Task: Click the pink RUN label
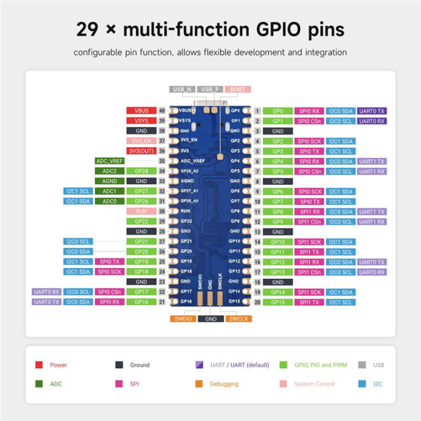coord(141,211)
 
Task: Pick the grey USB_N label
coord(182,89)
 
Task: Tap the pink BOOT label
coord(237,89)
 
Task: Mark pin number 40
coord(161,111)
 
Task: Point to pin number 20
coord(257,302)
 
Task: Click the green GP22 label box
coord(141,221)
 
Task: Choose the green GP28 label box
coord(141,171)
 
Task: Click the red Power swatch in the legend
coord(39,365)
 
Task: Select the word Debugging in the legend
coord(224,384)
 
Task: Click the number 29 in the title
coord(88,29)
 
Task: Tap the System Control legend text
coord(315,384)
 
